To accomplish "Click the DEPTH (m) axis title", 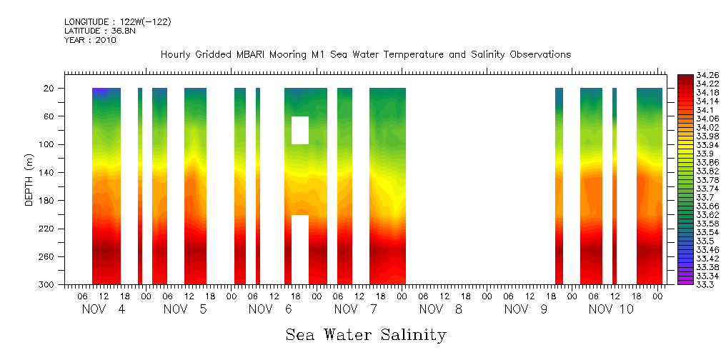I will pyautogui.click(x=29, y=179).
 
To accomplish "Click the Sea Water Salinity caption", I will pyautogui.click(x=366, y=334).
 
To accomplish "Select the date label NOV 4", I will pyautogui.click(x=104, y=309).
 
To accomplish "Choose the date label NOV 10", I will pyautogui.click(x=611, y=309).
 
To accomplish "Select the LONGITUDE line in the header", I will pyautogui.click(x=117, y=22).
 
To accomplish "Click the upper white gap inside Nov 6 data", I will pyautogui.click(x=300, y=130).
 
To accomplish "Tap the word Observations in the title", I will pyautogui.click(x=536, y=55).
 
